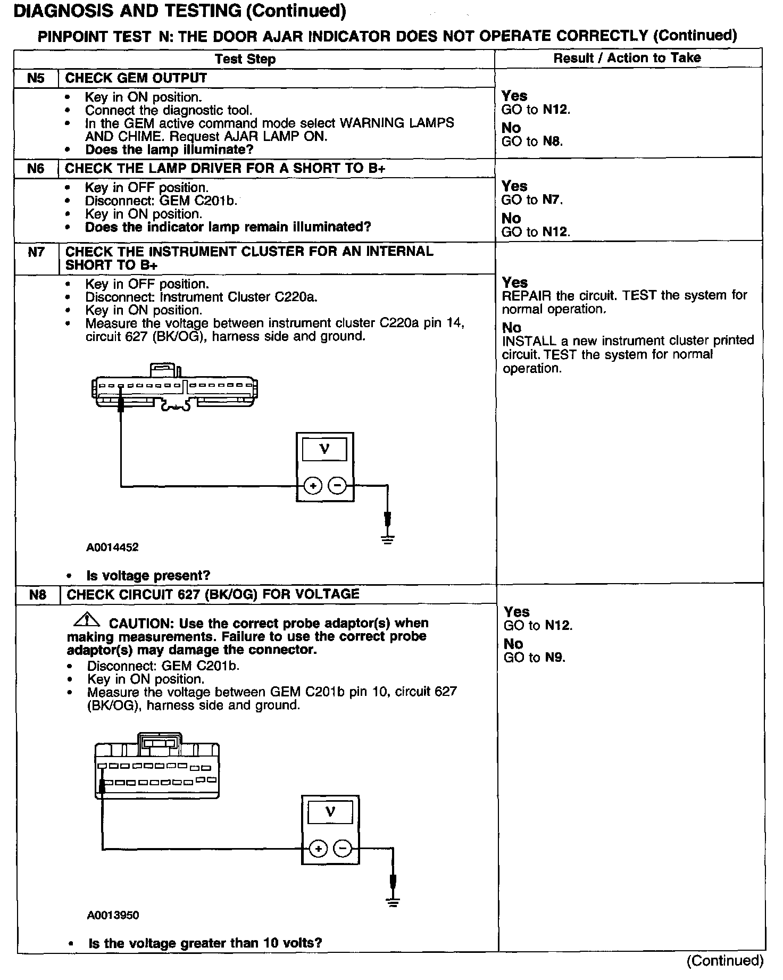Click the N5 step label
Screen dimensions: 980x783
click(36, 78)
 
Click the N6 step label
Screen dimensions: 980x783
click(36, 169)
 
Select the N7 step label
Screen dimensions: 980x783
click(36, 252)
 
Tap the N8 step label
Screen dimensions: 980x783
click(37, 594)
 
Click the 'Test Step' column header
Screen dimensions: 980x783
click(245, 59)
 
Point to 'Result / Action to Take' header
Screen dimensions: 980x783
click(627, 58)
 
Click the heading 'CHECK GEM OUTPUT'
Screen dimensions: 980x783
click(136, 78)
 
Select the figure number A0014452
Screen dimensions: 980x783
click(112, 547)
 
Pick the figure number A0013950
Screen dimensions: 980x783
click(113, 915)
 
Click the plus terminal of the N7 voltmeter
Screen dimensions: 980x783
click(313, 486)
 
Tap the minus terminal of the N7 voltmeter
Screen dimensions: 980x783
click(337, 486)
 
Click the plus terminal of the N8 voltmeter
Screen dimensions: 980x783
click(318, 849)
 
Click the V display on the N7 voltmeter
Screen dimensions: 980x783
click(324, 450)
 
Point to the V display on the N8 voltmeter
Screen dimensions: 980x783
click(330, 812)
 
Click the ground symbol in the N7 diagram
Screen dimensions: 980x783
click(388, 539)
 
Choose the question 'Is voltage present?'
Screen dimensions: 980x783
click(148, 576)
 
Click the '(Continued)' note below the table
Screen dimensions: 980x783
click(724, 960)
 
